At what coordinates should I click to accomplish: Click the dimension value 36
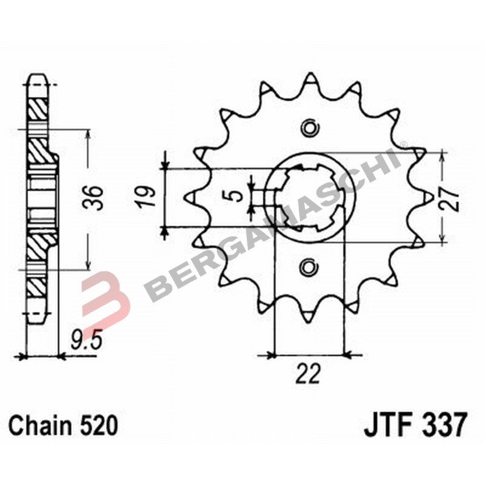click(x=95, y=198)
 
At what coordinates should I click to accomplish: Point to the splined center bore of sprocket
click(x=310, y=197)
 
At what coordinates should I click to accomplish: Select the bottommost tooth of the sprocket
click(x=310, y=314)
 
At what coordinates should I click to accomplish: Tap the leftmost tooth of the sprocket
click(x=189, y=197)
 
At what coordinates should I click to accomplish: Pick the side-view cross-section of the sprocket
click(x=38, y=197)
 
